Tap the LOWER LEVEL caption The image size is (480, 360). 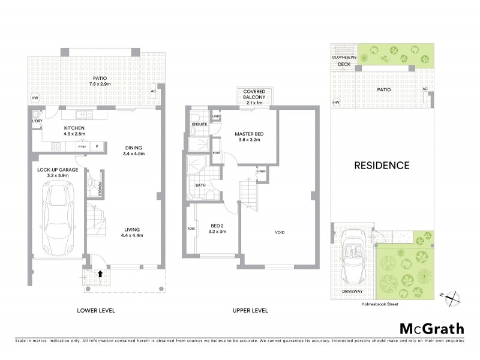tap(96, 310)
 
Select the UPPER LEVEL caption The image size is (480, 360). tap(250, 310)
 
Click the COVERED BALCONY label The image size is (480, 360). tap(255, 95)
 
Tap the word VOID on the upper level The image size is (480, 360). tap(280, 232)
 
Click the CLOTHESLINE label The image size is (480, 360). tap(344, 57)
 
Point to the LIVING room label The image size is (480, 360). tap(133, 228)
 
